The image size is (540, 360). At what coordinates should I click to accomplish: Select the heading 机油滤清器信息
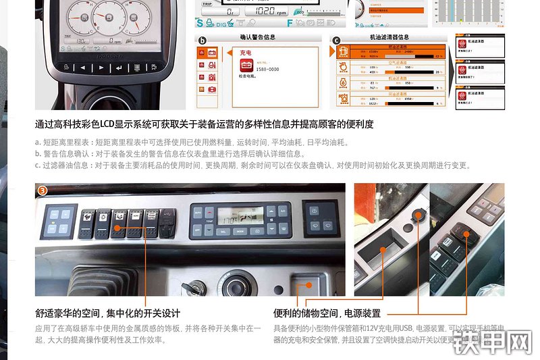[x=389, y=38]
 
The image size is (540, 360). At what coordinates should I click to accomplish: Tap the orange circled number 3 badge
[x=43, y=190]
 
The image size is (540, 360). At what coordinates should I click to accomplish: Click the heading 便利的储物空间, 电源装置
[x=327, y=313]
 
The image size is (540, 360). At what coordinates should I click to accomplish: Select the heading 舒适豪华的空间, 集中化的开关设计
[x=107, y=313]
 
